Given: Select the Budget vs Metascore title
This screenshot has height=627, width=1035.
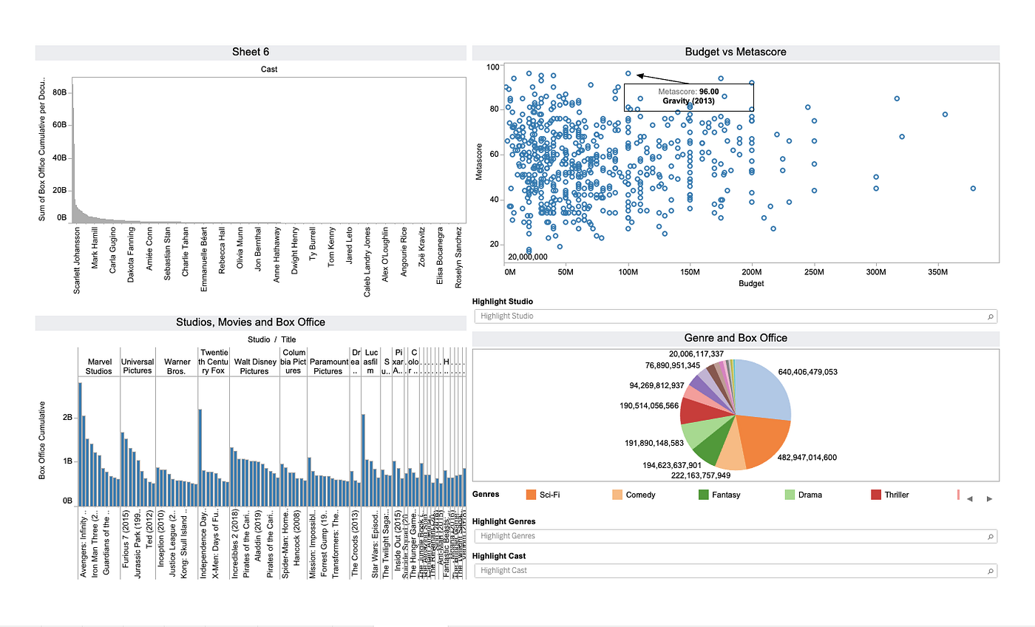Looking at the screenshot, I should [x=735, y=52].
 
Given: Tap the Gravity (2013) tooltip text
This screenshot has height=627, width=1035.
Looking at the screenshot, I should [x=689, y=101].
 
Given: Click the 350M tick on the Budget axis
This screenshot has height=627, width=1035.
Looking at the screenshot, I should [x=937, y=272].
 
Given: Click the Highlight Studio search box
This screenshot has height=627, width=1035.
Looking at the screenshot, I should [x=735, y=316].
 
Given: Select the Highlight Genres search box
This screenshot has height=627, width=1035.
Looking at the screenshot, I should [x=735, y=536].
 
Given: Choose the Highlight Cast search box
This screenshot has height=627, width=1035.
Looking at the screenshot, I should [x=735, y=571].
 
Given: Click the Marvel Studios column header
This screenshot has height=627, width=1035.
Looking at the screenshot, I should [x=99, y=366].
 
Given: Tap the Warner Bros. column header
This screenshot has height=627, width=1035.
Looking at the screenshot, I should [x=177, y=366].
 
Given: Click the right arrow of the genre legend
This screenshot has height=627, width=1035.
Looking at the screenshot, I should [x=989, y=499].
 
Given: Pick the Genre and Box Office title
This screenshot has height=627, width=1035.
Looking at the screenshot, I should [x=735, y=338].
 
